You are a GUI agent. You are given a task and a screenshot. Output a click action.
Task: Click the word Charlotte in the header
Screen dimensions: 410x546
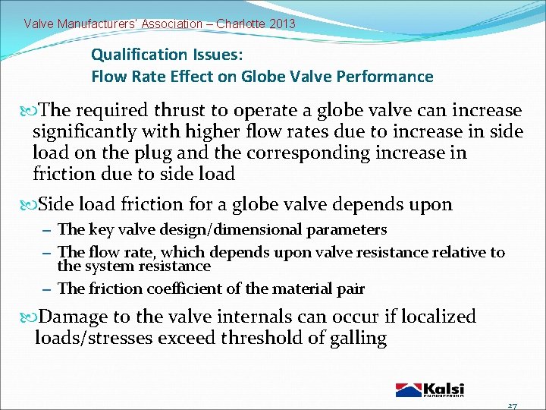click(x=240, y=24)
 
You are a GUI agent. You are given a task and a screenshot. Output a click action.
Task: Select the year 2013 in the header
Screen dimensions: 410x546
click(x=282, y=24)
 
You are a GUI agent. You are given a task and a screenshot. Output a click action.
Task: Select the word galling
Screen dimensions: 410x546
click(x=357, y=338)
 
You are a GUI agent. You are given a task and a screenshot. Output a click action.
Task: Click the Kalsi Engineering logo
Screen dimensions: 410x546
click(x=429, y=389)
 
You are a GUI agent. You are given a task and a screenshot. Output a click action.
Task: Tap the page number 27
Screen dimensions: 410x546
click(x=512, y=405)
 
